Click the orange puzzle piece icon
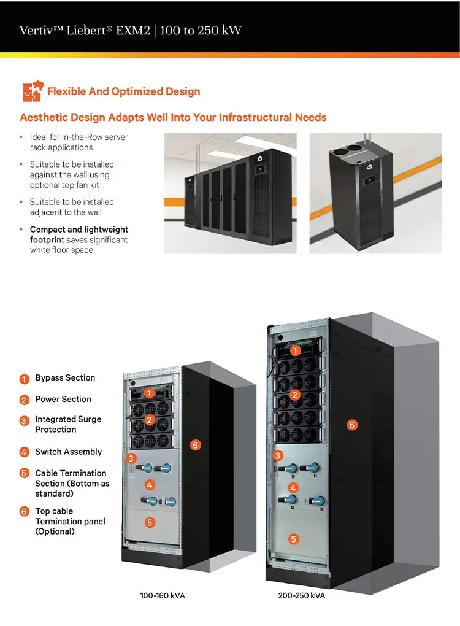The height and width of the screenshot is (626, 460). coord(32,91)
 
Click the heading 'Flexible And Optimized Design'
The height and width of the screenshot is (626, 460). coord(123,91)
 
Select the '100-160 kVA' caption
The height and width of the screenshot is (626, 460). coord(162,595)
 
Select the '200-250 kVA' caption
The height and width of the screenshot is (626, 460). coord(301,595)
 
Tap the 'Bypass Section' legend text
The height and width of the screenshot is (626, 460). coord(65,378)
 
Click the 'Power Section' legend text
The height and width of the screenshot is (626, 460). coord(63,399)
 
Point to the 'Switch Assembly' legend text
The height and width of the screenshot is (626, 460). coord(68,452)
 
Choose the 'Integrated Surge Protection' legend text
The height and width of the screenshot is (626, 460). coord(68,424)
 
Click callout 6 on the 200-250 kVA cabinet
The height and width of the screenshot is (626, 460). coord(351,425)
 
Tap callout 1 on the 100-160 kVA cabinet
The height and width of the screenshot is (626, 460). coord(149,393)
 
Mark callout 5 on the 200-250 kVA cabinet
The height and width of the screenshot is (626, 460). coord(294,539)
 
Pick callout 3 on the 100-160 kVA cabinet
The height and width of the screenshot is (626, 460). coord(131,458)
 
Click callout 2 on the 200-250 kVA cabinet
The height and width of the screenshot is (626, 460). coord(294,395)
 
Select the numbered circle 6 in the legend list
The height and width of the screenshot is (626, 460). coord(25,512)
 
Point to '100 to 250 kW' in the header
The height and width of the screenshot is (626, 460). coord(201,30)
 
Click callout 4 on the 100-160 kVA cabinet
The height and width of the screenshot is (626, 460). coord(150,485)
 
